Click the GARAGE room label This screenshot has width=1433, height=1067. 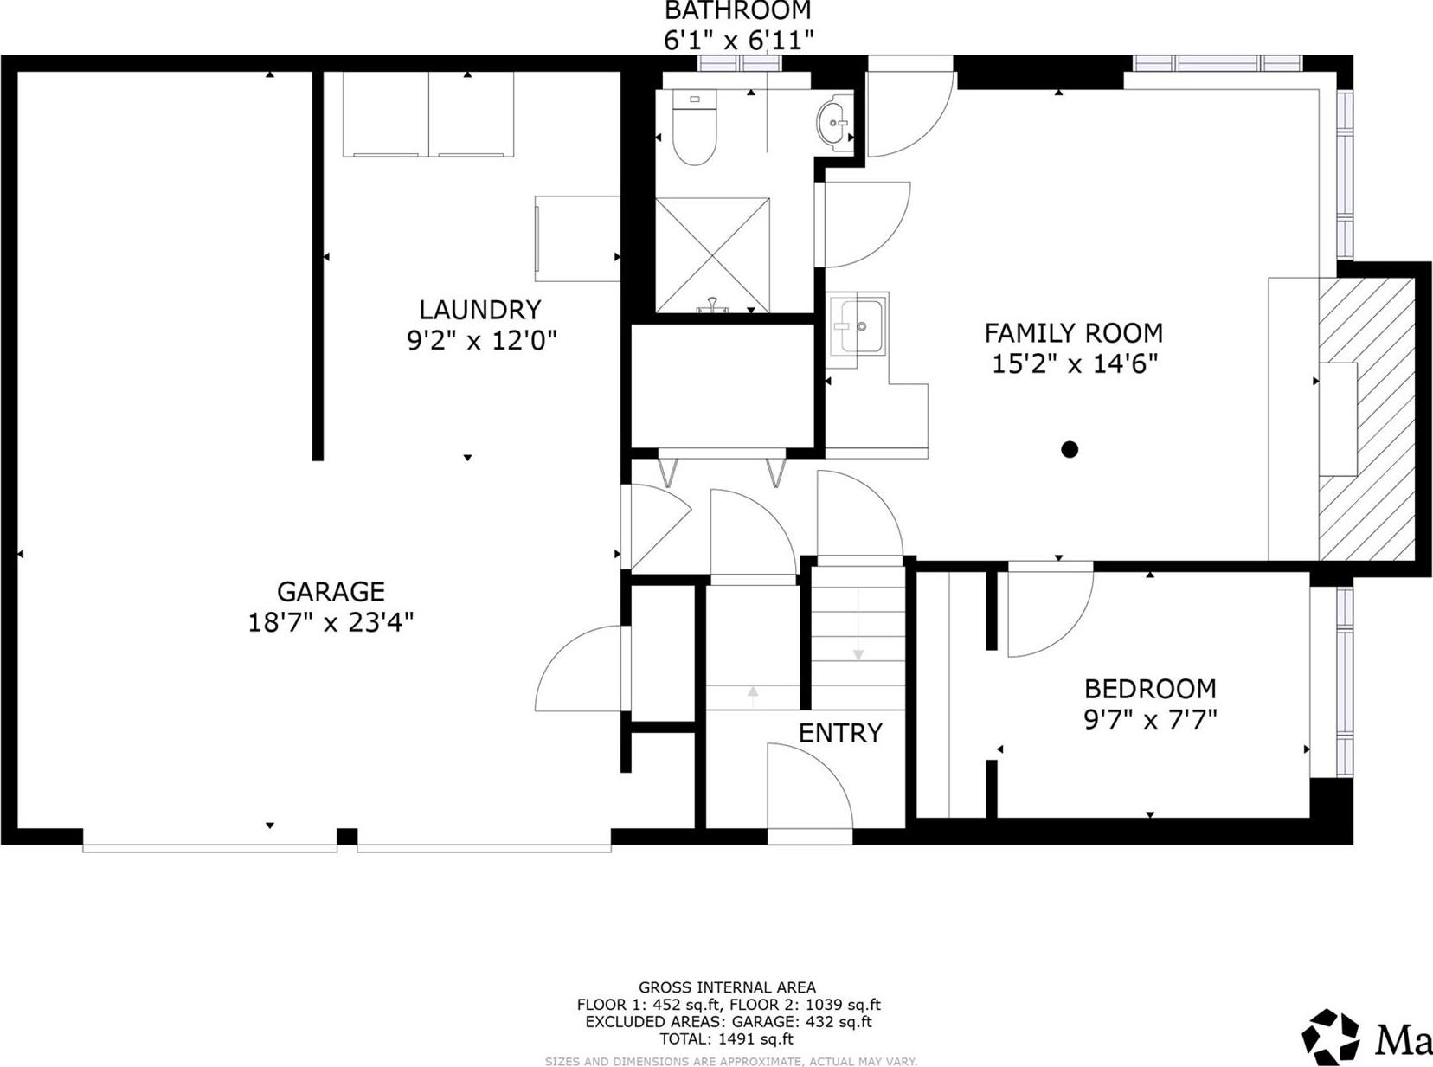click(x=330, y=592)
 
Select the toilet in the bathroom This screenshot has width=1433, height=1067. click(x=695, y=131)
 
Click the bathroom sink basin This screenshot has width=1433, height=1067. click(x=833, y=123)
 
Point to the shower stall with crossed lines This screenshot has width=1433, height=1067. click(x=712, y=255)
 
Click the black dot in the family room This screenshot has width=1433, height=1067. click(x=1070, y=449)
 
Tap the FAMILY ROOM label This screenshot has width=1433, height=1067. click(x=1073, y=333)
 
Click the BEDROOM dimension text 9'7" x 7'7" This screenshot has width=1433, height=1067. click(x=1150, y=719)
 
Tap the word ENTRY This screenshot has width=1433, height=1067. click(x=840, y=733)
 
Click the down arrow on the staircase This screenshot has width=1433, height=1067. click(x=858, y=654)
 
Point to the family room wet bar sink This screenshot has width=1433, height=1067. click(x=858, y=325)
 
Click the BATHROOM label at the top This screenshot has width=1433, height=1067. click(x=737, y=11)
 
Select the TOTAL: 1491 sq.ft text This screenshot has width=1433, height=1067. click(x=726, y=1039)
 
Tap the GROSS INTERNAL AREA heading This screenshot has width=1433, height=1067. click(x=727, y=987)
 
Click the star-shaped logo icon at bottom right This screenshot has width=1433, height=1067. click(x=1330, y=1037)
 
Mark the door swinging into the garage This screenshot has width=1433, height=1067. click(x=578, y=671)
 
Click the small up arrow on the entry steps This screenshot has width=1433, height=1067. click(x=753, y=691)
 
